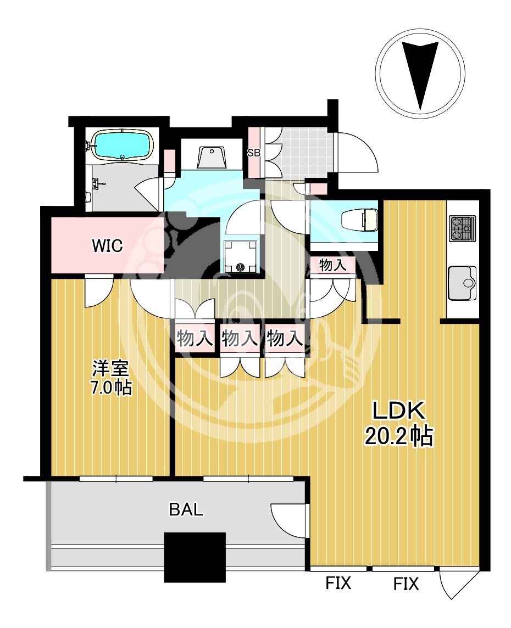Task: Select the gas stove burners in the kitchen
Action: tap(463, 228)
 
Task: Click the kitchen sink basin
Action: tap(462, 283)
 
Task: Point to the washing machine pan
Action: tap(240, 256)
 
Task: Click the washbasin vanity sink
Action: tap(211, 158)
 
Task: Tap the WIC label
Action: tap(107, 245)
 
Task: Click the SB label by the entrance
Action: tap(254, 153)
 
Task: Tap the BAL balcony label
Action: tap(186, 509)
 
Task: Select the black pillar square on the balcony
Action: tap(195, 557)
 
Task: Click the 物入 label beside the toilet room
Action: tap(332, 265)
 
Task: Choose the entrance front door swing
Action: tap(357, 152)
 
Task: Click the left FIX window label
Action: tap(338, 583)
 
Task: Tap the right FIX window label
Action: tap(406, 584)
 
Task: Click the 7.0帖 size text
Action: tap(111, 388)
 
